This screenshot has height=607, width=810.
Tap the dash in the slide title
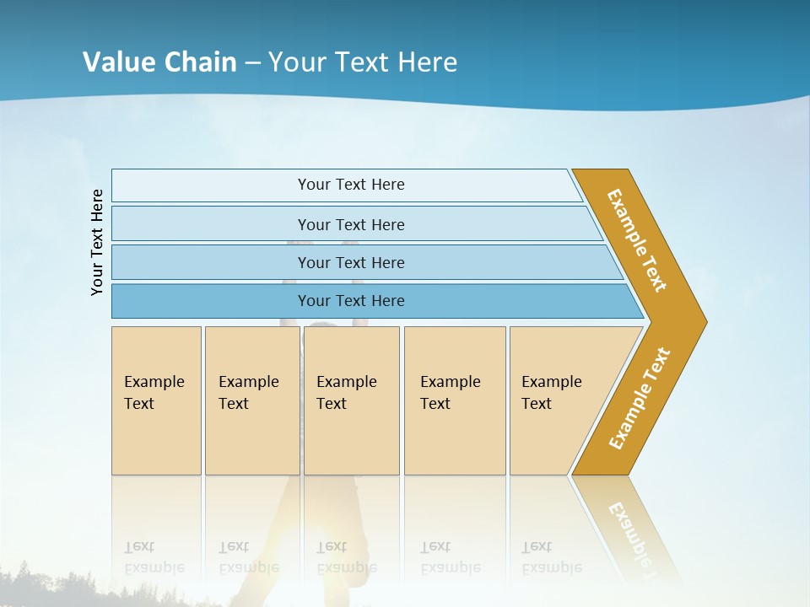coord(252,63)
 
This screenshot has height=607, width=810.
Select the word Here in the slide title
coord(427,62)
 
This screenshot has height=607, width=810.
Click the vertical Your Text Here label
coord(97,243)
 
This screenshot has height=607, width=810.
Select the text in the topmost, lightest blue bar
coord(351,185)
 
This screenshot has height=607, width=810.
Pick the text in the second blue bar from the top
coord(351,225)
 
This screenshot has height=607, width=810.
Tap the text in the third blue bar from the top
coord(351,263)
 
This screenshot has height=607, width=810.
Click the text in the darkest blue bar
coord(351,301)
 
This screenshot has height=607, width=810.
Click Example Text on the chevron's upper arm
coord(637,240)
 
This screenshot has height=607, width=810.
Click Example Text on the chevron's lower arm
coord(639,399)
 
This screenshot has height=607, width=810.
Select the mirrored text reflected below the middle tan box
coord(346,557)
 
